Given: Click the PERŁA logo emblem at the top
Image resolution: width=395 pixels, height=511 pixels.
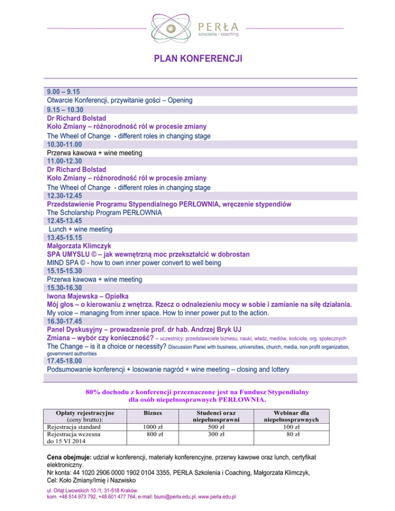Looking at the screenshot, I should click(173, 27).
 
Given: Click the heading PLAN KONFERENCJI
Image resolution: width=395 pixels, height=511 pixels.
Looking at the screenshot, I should click(197, 60).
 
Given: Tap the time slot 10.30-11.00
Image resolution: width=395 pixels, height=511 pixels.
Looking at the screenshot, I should click(64, 144).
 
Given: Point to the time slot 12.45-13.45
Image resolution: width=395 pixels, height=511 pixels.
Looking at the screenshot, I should click(64, 221).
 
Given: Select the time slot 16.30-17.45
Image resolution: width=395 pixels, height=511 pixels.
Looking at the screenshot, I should click(64, 321).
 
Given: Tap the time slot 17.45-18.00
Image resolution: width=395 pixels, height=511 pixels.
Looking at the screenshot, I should click(64, 361).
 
